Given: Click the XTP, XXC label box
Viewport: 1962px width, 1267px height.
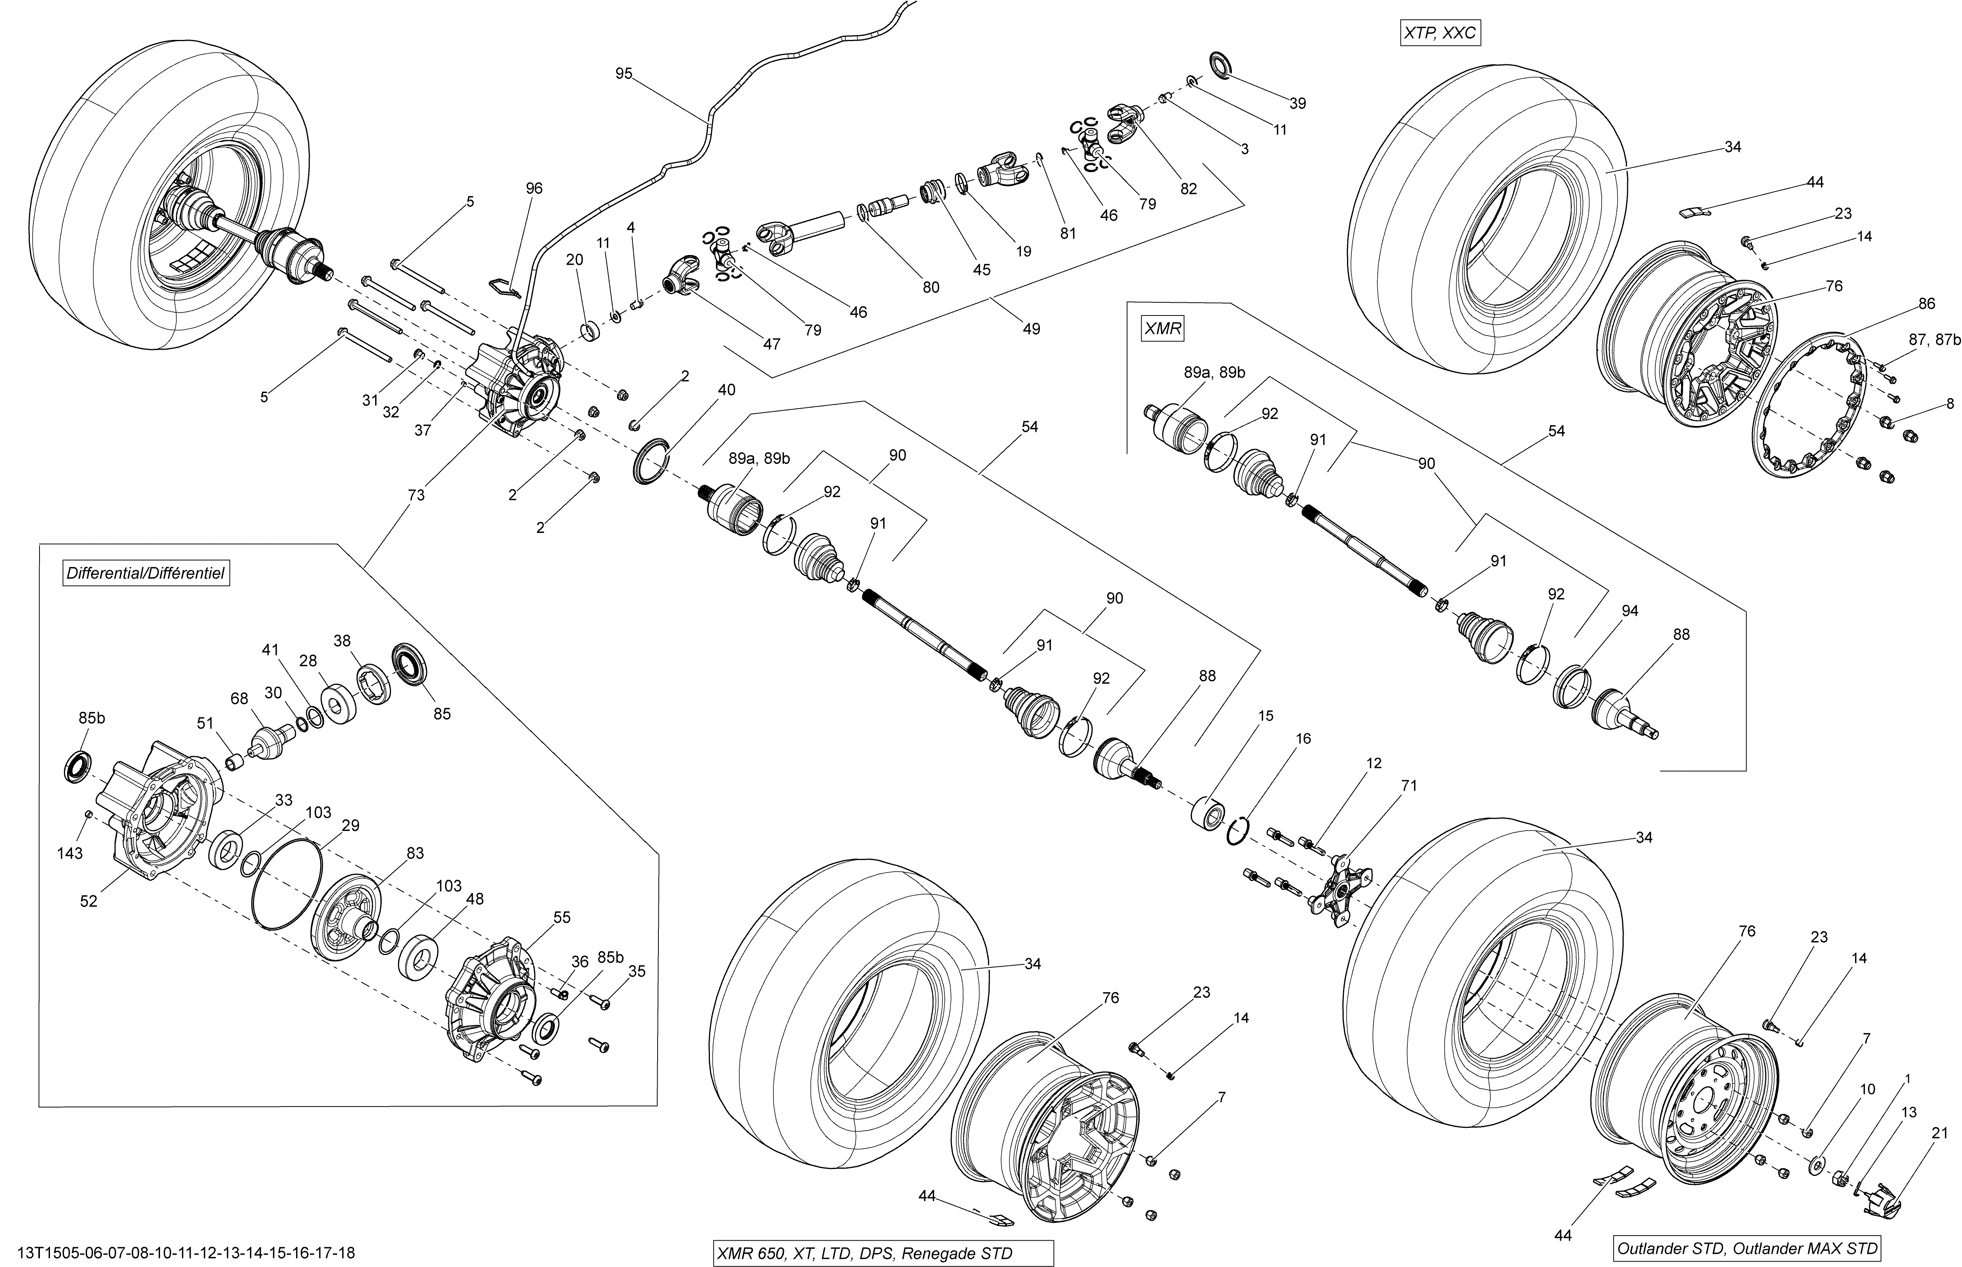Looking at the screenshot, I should (x=1440, y=34).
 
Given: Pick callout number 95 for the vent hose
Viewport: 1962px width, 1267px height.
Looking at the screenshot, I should (x=624, y=74).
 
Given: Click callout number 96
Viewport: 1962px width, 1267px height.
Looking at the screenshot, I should (x=534, y=188).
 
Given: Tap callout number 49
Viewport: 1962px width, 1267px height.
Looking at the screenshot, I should (x=1031, y=329).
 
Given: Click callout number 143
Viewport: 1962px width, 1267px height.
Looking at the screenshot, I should (x=70, y=853).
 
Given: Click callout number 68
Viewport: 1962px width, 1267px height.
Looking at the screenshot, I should (x=239, y=698).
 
